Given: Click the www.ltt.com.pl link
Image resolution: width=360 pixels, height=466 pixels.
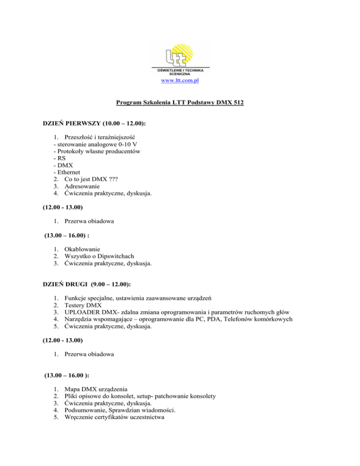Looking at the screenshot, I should tap(180, 81).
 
